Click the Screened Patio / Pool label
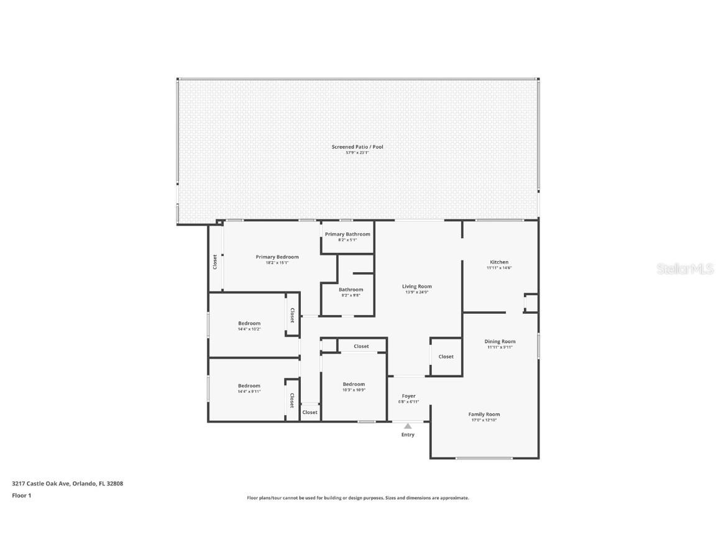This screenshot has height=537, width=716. (357, 147)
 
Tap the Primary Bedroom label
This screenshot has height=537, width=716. (277, 257)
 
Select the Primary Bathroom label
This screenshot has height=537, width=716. (347, 234)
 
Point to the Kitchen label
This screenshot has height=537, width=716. (498, 262)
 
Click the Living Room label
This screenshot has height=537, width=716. (418, 287)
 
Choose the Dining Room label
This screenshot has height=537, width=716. (500, 341)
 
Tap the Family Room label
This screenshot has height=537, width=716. (484, 415)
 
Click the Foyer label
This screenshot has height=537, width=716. (408, 396)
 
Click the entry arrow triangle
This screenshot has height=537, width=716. (408, 426)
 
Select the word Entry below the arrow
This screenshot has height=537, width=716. (408, 434)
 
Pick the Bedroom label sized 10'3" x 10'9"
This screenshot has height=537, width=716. (354, 384)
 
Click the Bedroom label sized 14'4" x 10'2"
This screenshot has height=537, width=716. (249, 323)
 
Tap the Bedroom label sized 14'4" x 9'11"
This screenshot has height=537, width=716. (249, 386)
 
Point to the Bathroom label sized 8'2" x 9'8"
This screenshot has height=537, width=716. (351, 290)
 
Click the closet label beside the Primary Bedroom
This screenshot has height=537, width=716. (215, 262)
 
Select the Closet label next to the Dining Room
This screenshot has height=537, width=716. (446, 357)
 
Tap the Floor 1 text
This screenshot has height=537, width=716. (21, 495)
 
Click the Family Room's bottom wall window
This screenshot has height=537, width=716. (484, 459)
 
